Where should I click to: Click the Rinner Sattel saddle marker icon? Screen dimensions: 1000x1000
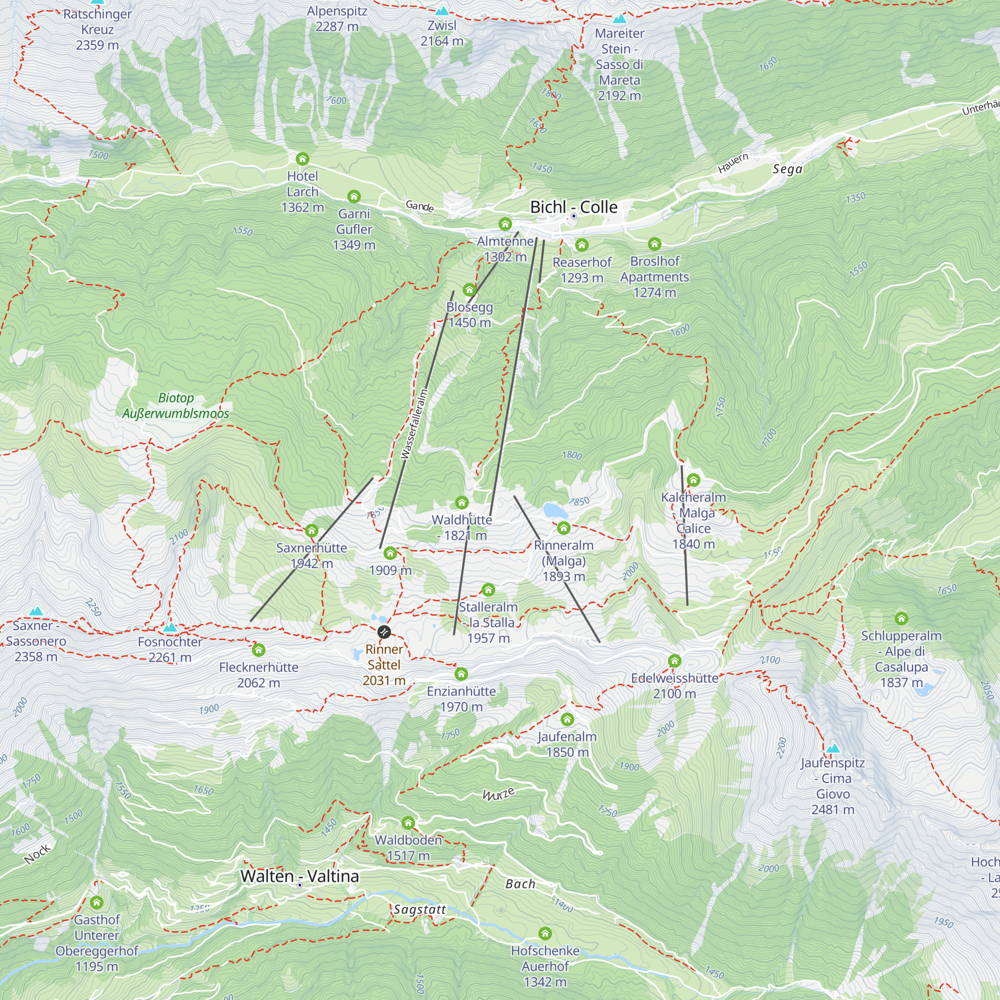click(384, 631)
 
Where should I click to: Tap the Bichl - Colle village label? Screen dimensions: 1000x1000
click(573, 207)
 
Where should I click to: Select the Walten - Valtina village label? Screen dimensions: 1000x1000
click(299, 876)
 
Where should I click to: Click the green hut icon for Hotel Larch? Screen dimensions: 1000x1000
click(302, 159)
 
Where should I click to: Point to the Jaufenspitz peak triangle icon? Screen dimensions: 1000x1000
click(833, 748)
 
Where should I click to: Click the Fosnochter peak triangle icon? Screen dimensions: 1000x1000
click(170, 627)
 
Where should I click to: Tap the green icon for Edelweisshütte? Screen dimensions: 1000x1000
click(674, 660)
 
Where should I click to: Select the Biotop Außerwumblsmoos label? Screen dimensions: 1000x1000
click(175, 406)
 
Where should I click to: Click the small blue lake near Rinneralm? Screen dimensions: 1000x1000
click(555, 511)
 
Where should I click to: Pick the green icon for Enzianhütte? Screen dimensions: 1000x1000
click(461, 674)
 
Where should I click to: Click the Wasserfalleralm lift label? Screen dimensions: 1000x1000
click(414, 424)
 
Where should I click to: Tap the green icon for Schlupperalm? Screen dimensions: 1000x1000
click(901, 618)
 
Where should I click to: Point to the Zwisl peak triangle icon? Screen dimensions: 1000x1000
click(441, 11)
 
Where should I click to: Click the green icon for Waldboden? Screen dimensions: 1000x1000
click(408, 822)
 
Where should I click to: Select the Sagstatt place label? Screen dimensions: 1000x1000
click(420, 910)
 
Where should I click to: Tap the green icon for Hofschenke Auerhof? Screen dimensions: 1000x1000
click(545, 933)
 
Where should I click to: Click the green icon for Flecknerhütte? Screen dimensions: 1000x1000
click(258, 649)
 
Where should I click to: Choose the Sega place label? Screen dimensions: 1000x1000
click(787, 169)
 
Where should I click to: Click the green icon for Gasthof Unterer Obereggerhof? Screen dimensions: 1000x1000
click(97, 902)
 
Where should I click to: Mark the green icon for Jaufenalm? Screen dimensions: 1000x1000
click(567, 719)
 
